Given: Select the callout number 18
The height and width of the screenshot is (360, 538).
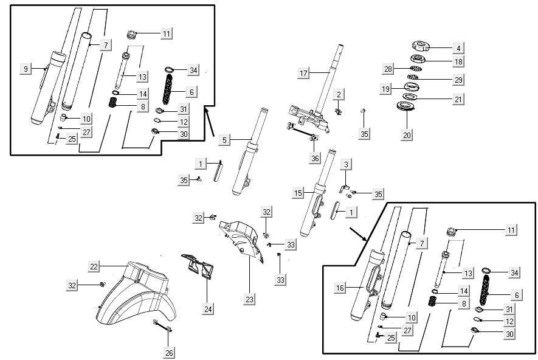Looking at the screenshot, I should [458, 61].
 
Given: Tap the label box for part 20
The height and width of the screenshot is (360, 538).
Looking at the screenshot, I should [407, 134].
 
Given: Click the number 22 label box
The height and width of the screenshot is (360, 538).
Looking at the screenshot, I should [94, 266].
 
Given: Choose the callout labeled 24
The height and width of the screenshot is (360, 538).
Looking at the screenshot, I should [209, 309].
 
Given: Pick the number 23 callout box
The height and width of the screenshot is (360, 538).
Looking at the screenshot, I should [250, 299].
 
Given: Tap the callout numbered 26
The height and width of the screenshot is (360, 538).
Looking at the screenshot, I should [169, 351].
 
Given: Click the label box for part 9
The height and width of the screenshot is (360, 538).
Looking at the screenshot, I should [26, 69].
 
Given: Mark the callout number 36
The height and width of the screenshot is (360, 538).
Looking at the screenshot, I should [314, 158].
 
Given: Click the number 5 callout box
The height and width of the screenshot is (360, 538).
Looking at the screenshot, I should [224, 140].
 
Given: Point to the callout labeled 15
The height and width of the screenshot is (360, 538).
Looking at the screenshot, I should [298, 193].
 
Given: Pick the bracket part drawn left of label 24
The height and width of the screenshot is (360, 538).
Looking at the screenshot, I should [198, 266].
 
